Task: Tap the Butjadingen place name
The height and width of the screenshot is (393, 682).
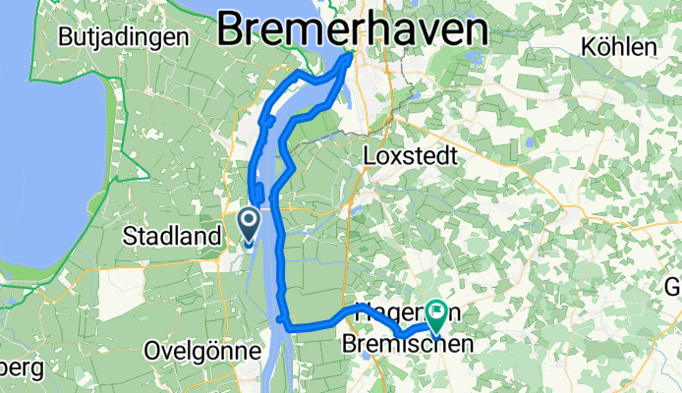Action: coord(124,37)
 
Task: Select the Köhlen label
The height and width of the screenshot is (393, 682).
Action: coord(619,46)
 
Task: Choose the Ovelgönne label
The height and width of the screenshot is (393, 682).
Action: coord(200,351)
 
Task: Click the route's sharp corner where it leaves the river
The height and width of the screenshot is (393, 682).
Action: coord(283,320)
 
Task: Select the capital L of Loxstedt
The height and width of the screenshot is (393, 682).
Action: coord(369,156)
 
